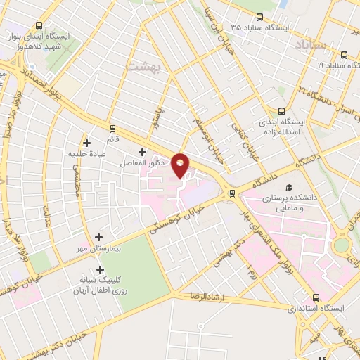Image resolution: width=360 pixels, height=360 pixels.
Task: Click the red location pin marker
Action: (181, 166)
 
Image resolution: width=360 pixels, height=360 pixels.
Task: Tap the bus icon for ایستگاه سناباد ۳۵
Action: (260, 18)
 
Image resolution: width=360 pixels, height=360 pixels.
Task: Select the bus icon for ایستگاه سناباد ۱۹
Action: (344, 55)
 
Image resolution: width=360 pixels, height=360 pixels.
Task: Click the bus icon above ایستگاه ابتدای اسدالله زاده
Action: (282, 110)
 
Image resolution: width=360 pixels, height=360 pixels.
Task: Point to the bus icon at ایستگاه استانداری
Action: (316, 297)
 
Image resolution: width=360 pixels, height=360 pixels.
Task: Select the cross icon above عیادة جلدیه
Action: (86, 142)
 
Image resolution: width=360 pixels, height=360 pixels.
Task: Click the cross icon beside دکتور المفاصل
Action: (142, 152)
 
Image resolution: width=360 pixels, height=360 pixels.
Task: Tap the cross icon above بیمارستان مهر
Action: (98, 238)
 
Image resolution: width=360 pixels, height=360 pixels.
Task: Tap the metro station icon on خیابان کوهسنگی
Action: (232, 193)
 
